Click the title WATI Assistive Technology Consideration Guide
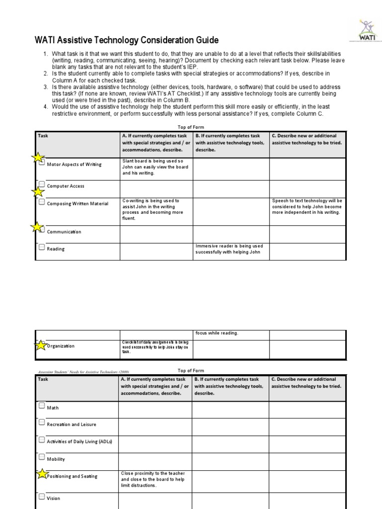(x=126, y=40)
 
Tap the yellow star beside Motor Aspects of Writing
(x=37, y=159)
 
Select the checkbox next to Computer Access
(x=42, y=184)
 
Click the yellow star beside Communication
(x=37, y=228)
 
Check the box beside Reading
(x=42, y=247)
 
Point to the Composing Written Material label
(x=77, y=204)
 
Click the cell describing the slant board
(x=155, y=168)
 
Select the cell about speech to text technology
(x=307, y=206)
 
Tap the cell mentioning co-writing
(x=155, y=209)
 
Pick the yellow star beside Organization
(x=41, y=345)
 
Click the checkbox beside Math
(x=42, y=406)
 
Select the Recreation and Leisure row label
(x=72, y=424)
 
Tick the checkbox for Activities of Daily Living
(x=42, y=440)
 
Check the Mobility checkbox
(x=42, y=457)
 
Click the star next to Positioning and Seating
(x=42, y=475)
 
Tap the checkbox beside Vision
(x=42, y=496)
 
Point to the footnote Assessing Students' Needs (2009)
(x=84, y=372)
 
